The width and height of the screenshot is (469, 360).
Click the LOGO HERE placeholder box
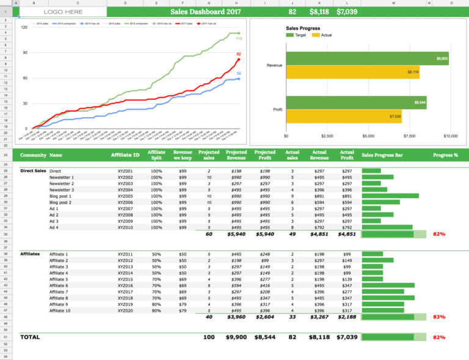(x=63, y=12)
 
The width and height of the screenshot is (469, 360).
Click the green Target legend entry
(x=296, y=35)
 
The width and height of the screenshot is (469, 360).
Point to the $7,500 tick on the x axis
(x=409, y=136)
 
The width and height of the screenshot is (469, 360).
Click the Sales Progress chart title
(x=303, y=28)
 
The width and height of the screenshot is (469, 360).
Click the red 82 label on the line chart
(x=239, y=54)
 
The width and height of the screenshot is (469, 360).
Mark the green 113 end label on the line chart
(x=239, y=38)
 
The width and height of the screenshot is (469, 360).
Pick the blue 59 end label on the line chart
(x=239, y=73)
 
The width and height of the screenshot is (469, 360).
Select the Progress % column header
(x=445, y=155)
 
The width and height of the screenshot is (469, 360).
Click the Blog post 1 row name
(x=60, y=196)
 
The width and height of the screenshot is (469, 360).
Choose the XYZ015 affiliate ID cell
(x=125, y=279)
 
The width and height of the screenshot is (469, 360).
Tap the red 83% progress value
(x=438, y=317)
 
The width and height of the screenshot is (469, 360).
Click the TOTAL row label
(x=30, y=336)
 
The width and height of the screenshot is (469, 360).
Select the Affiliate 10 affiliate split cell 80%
(x=156, y=311)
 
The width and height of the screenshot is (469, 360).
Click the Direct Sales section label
(x=33, y=171)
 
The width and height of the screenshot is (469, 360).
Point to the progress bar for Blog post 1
(x=390, y=196)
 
